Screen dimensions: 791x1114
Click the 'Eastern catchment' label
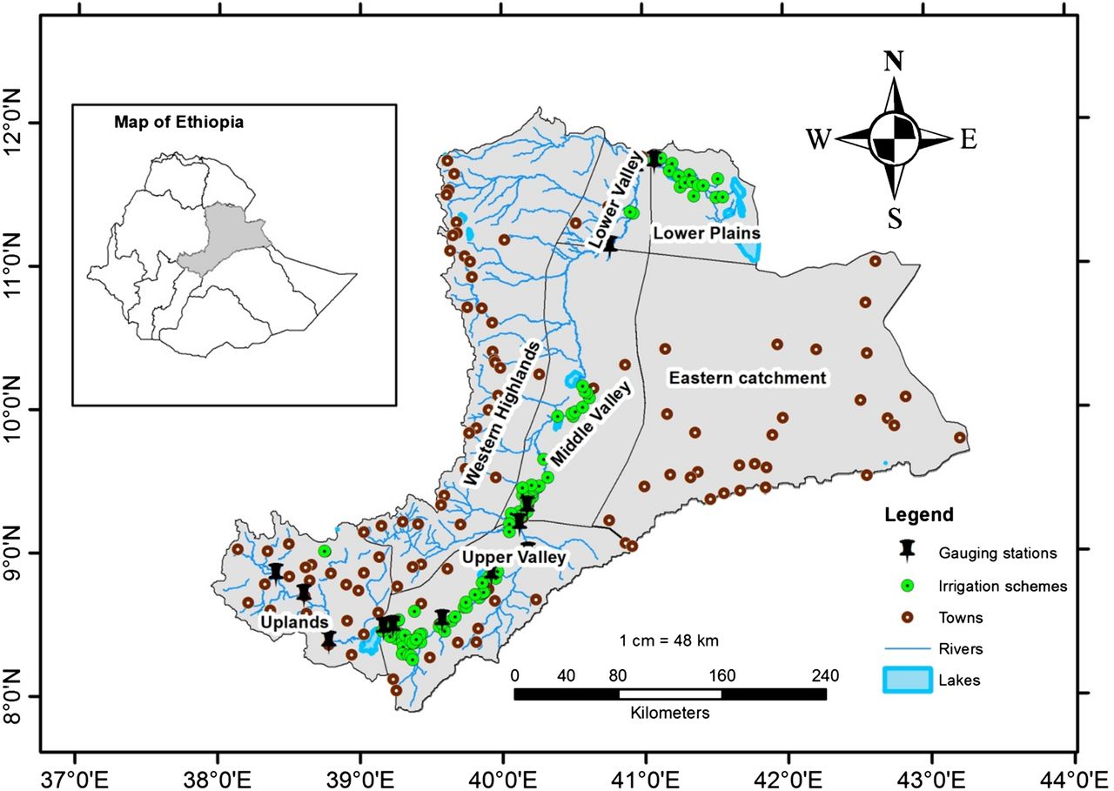[746, 378]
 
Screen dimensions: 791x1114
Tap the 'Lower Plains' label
[707, 233]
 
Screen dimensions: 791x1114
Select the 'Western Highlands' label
[502, 413]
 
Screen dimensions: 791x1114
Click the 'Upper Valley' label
[513, 557]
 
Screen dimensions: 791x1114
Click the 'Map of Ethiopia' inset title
[178, 122]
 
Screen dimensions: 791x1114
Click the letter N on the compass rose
[893, 62]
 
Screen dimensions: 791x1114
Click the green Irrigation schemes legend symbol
[907, 586]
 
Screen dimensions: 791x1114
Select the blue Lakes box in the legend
[907, 680]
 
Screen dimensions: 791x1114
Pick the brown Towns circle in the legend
[907, 618]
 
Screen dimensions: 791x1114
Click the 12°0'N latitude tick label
[27, 122]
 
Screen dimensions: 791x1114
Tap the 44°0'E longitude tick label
[1076, 773]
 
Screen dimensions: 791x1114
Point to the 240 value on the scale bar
[824, 675]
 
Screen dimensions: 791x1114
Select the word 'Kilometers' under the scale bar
[670, 713]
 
